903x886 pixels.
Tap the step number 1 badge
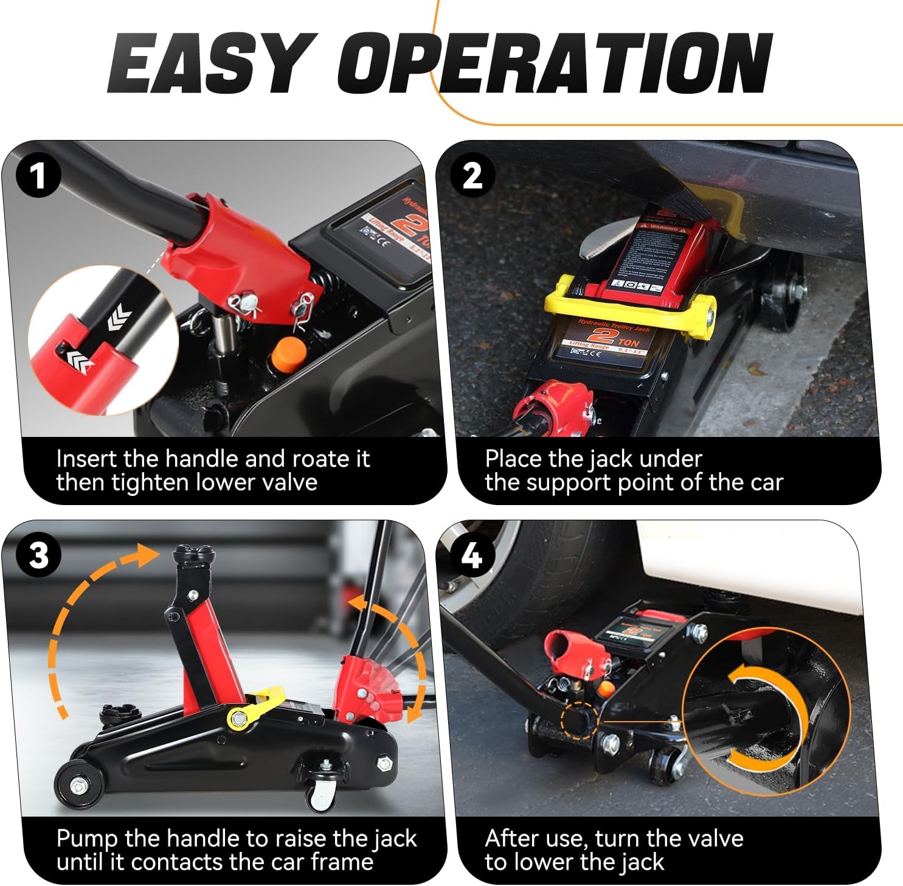(38, 176)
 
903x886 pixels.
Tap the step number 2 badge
(472, 176)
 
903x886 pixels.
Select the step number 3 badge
(38, 556)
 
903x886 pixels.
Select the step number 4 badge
(472, 556)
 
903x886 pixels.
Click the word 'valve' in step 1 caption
(289, 483)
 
